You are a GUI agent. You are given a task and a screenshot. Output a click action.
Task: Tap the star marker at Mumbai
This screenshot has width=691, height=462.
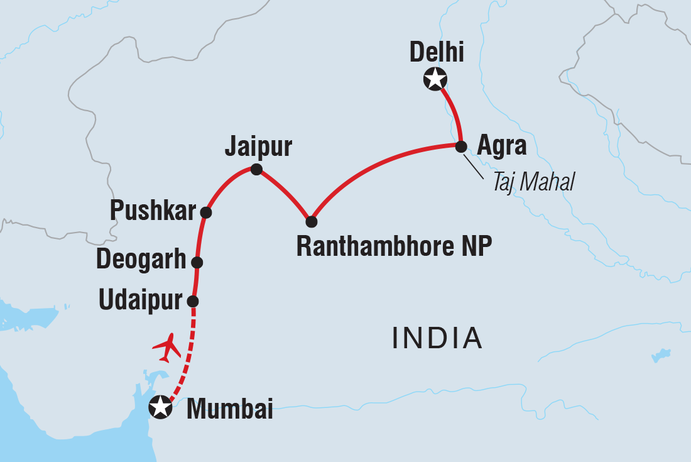click(160, 407)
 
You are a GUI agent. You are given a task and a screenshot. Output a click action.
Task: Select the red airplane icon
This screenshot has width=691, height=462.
click(166, 348)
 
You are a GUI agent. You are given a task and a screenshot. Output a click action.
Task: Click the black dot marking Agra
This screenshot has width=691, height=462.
click(460, 146)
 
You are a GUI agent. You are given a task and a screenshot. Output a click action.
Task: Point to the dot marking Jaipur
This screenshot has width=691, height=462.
click(256, 169)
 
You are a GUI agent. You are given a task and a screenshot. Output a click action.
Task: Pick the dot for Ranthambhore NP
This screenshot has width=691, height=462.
click(311, 221)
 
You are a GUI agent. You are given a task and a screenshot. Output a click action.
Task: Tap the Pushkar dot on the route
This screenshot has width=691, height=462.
click(205, 212)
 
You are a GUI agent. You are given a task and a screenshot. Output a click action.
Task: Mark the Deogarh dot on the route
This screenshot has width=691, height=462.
click(197, 262)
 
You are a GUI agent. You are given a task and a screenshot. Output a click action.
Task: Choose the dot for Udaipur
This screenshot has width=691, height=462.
click(193, 301)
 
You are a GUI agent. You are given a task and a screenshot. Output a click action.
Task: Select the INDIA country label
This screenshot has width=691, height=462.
click(437, 339)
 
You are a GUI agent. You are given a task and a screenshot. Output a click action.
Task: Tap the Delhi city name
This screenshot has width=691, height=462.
click(437, 53)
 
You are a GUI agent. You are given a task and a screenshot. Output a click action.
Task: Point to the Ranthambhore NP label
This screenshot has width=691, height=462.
click(393, 247)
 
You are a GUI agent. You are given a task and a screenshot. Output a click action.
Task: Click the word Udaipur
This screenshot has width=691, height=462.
click(140, 301)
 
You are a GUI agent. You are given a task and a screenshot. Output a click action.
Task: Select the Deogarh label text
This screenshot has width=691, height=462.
click(141, 260)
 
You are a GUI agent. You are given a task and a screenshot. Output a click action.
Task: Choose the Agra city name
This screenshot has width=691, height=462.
click(501, 146)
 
